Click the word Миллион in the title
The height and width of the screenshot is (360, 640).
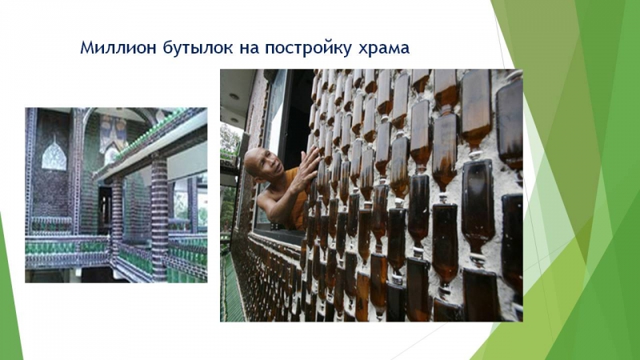coord(118,47)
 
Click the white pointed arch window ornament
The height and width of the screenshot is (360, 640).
coord(54,156)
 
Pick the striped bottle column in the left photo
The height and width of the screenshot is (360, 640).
coord(159,216)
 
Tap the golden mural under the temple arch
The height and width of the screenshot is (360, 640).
coord(113,133)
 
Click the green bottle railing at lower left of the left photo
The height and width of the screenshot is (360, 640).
coord(66,247)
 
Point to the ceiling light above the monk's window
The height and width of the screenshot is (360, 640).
coord(234,97)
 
